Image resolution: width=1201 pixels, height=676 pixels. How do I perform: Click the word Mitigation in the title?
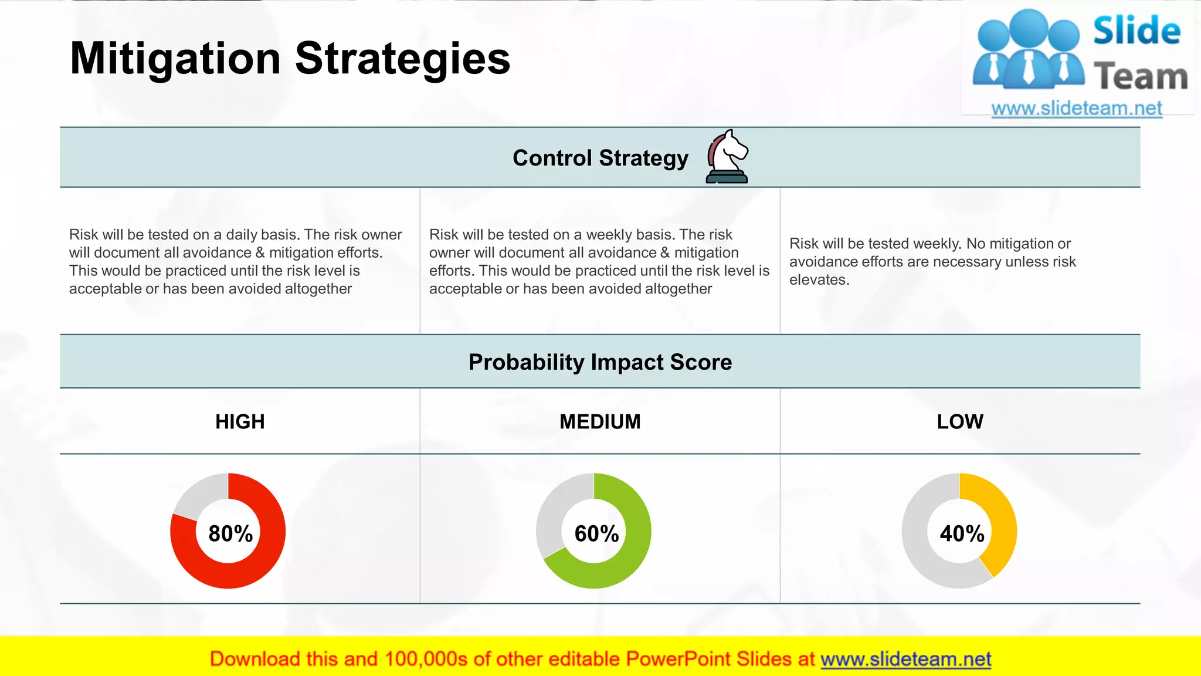[175, 59]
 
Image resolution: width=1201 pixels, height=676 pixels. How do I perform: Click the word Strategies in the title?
[402, 59]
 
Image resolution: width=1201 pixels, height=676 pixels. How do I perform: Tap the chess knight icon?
[727, 157]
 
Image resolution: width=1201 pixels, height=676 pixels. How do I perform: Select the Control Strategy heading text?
[600, 158]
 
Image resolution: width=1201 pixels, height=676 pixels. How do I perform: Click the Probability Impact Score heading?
[600, 362]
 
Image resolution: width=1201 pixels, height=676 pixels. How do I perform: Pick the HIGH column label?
[240, 421]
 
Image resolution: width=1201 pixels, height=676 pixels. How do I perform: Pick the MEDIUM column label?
[600, 421]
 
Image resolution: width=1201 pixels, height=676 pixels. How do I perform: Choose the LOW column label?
[959, 421]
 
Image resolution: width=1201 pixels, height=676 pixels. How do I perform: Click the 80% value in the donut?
[230, 533]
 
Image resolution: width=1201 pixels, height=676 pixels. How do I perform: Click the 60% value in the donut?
[596, 533]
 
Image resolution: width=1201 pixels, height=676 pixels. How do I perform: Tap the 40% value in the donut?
[962, 533]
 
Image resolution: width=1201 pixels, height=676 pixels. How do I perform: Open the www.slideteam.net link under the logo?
[1076, 108]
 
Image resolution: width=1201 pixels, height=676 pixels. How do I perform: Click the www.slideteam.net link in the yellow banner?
[905, 659]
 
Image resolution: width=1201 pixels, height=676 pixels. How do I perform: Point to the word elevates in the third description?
[819, 280]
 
